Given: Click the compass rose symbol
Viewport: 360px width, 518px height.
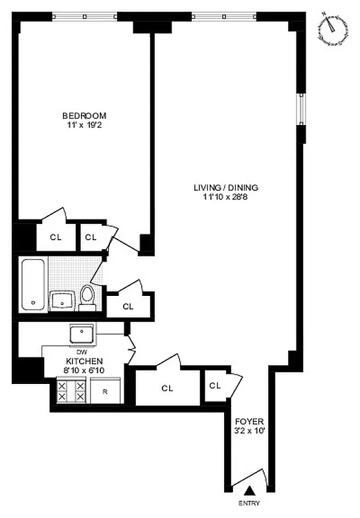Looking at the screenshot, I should coord(332,30).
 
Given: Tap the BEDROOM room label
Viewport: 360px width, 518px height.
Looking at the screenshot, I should coord(84,115).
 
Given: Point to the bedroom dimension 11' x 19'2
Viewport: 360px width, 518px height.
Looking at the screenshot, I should coord(84,125).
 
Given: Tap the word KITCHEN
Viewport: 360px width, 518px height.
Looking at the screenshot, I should coord(83,361).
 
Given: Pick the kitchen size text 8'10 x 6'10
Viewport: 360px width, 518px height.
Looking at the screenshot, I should coord(83,371).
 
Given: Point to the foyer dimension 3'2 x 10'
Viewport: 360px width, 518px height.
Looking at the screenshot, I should coord(249,429).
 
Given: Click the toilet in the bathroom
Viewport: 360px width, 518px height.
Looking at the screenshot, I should coord(87,297).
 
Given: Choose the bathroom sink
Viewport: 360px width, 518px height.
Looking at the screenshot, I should coord(63,300).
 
